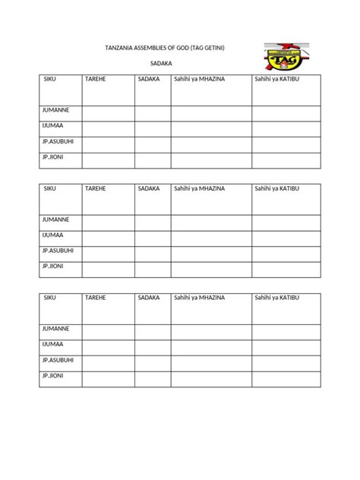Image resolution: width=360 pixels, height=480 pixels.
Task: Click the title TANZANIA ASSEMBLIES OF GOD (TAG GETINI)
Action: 165,49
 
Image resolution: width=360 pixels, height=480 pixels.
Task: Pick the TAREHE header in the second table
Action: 95,188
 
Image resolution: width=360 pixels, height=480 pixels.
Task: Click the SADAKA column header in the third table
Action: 149,297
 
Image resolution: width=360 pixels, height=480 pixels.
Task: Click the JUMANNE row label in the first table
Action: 55,110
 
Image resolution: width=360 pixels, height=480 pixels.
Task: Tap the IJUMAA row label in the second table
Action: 53,235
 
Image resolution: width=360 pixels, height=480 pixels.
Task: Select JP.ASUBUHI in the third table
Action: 58,359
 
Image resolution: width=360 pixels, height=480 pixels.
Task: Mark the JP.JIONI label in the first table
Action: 52,156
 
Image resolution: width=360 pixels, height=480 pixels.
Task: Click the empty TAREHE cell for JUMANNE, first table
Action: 109,113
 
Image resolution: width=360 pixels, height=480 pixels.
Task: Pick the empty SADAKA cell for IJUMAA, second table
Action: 153,238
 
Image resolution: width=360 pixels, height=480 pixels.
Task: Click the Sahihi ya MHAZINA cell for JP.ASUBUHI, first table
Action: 211,144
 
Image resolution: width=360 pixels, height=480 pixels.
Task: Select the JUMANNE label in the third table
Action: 55,328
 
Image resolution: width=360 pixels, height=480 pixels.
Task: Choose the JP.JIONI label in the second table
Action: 52,266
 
